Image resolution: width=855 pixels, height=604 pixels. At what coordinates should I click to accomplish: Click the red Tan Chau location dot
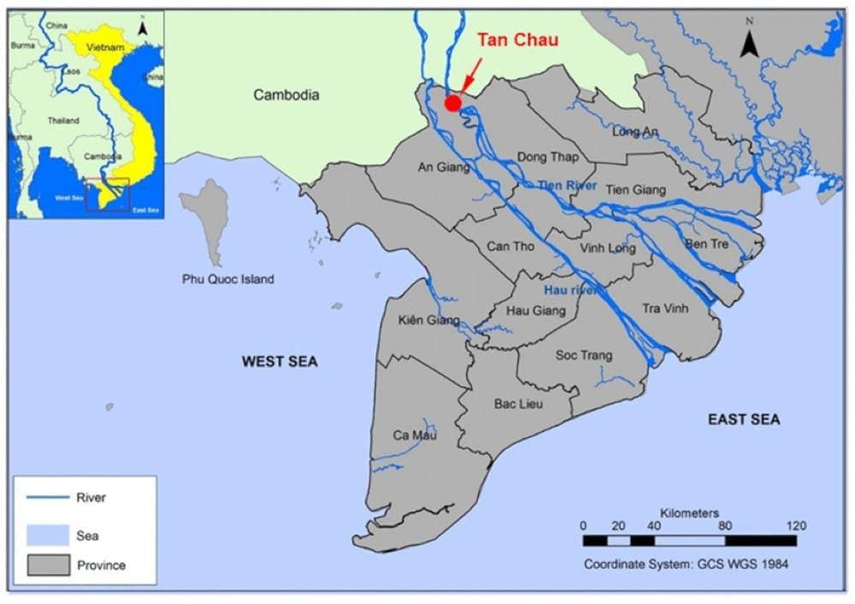[453, 103]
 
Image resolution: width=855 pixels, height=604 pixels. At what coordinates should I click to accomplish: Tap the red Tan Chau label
[517, 39]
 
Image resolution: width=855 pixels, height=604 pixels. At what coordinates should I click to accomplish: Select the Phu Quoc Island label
[228, 279]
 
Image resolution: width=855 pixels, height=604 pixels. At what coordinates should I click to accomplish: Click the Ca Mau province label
[415, 435]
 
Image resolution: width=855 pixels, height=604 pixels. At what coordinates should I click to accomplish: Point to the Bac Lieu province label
[519, 403]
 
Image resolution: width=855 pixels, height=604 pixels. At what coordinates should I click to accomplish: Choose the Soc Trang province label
[584, 354]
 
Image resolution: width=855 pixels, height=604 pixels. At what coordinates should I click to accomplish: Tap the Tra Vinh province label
[664, 308]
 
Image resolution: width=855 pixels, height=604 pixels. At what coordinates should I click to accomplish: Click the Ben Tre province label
[706, 244]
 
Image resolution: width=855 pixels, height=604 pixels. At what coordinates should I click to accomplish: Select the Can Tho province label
[510, 246]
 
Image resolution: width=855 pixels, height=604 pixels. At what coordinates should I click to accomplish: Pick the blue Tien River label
[567, 186]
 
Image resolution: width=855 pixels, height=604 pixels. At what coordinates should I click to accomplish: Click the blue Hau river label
[569, 291]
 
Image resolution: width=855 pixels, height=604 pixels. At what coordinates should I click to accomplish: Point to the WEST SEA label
[280, 362]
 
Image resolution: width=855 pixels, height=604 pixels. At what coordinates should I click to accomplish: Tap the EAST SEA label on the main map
[744, 419]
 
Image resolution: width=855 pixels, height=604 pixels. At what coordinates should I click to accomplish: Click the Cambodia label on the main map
[286, 95]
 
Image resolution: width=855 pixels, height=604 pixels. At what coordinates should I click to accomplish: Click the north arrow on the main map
[750, 43]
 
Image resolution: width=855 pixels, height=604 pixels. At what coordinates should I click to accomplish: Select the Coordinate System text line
[686, 564]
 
